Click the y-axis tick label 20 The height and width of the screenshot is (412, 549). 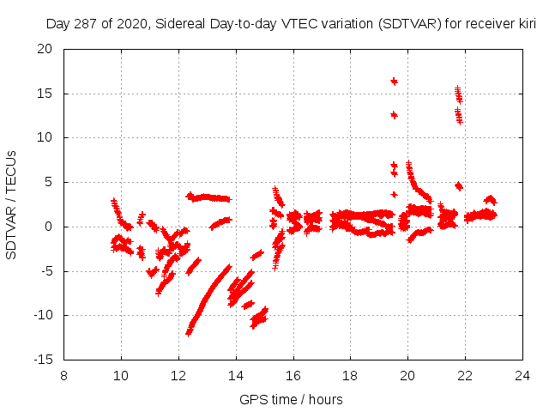click(x=45, y=49)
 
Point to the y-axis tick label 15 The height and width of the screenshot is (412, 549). click(x=45, y=94)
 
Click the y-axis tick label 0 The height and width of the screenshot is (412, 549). click(x=49, y=227)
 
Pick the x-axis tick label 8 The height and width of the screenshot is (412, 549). click(x=63, y=375)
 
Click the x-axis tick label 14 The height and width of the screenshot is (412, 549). click(x=236, y=375)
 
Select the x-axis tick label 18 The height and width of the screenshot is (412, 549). click(x=350, y=375)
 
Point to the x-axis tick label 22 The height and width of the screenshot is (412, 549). click(x=465, y=375)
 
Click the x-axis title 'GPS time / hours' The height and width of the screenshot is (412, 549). click(x=291, y=399)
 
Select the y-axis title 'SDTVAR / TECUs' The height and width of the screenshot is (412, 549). click(x=12, y=204)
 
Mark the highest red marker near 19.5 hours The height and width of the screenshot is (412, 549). click(x=394, y=81)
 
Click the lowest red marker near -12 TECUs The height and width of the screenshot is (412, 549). click(x=189, y=333)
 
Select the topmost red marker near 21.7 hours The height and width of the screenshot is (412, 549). click(x=457, y=88)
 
